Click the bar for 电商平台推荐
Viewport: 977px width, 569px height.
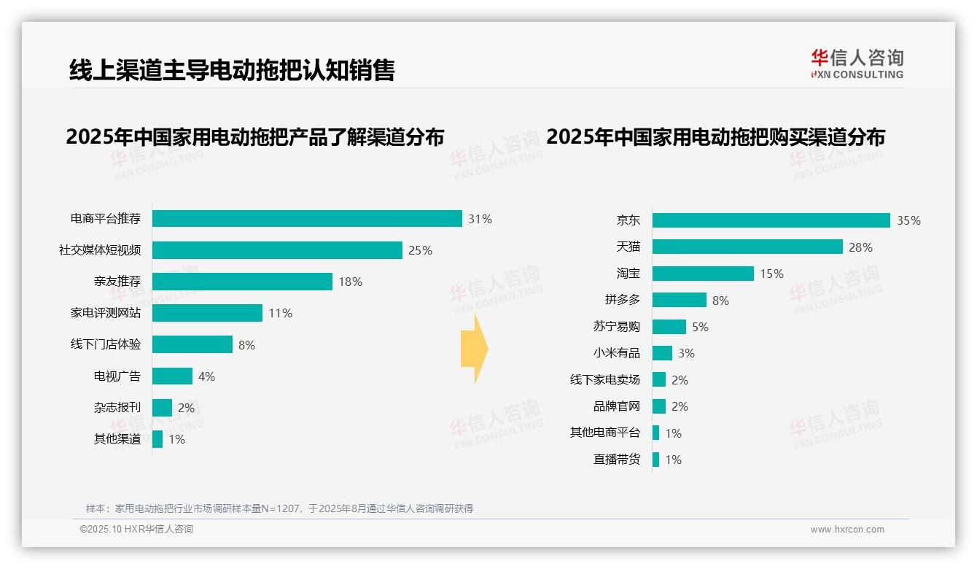click(307, 219)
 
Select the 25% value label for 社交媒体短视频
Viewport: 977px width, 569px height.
click(420, 250)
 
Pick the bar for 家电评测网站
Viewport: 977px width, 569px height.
click(207, 313)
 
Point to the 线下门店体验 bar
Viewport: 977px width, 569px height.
click(192, 344)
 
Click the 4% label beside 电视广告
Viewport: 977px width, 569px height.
click(206, 376)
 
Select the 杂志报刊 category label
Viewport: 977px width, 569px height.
click(117, 408)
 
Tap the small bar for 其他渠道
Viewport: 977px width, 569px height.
click(157, 439)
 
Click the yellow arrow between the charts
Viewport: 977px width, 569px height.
click(474, 349)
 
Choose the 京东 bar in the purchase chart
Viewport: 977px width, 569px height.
click(771, 220)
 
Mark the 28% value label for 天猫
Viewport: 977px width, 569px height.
click(860, 247)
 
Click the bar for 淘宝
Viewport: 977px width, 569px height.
click(703, 274)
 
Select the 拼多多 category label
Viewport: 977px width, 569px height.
click(622, 300)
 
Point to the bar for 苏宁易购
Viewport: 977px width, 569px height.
click(669, 327)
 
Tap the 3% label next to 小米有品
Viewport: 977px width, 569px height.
click(686, 353)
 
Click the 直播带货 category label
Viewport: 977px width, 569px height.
click(616, 460)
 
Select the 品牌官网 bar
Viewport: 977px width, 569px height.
click(659, 406)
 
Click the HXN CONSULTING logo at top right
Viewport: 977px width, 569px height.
click(857, 64)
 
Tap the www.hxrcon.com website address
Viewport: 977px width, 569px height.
click(846, 530)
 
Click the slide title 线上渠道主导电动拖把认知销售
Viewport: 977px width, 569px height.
click(232, 70)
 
